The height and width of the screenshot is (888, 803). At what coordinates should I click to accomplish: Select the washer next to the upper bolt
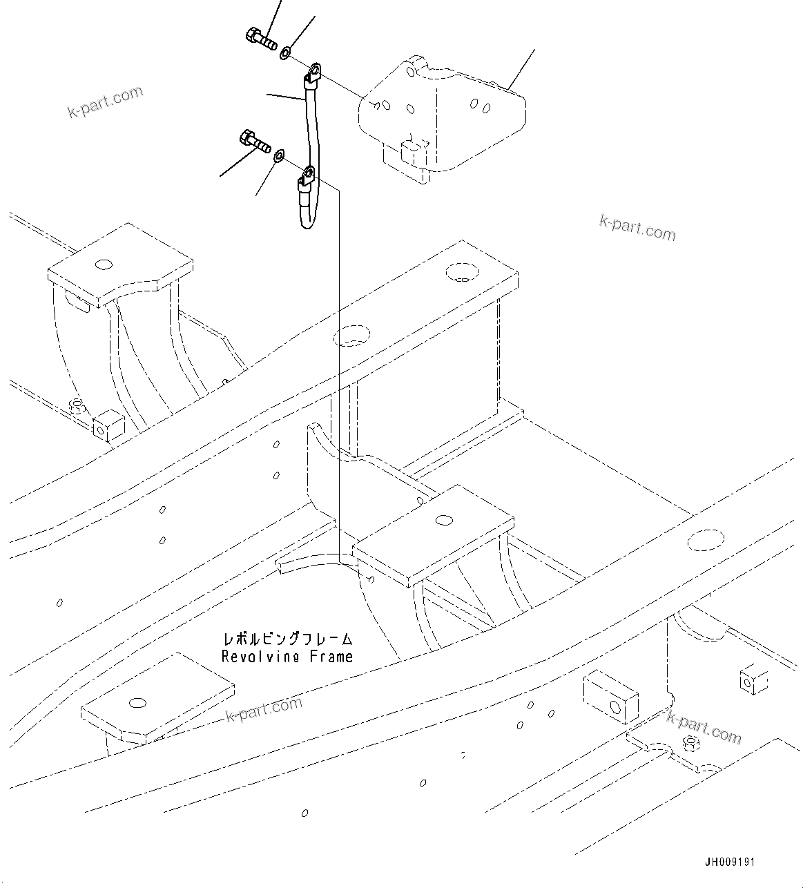pos(286,52)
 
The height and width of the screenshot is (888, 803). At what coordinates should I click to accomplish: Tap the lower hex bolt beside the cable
pos(254,142)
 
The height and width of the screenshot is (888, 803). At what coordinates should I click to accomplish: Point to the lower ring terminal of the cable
pos(307,177)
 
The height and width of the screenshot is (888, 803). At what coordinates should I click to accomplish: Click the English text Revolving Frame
pos(287,657)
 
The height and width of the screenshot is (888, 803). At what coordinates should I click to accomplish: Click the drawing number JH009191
pos(730,862)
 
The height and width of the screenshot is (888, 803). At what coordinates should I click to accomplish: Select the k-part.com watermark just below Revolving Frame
pos(264,708)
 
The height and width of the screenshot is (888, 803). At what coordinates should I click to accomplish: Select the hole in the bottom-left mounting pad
pos(137,702)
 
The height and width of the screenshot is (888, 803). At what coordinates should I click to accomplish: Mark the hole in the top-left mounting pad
pos(104,264)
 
